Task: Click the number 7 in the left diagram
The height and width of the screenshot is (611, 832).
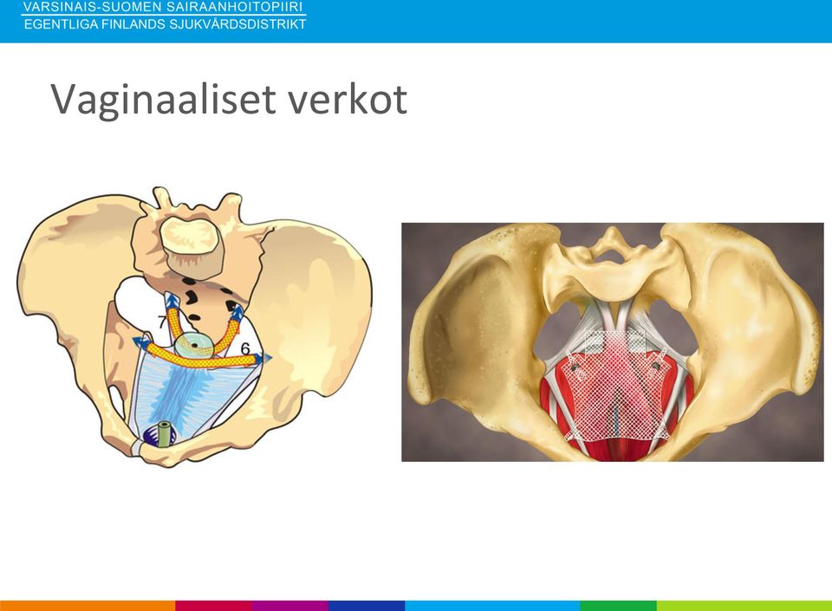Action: pyautogui.click(x=162, y=322)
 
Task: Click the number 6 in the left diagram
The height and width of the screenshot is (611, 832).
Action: pyautogui.click(x=245, y=348)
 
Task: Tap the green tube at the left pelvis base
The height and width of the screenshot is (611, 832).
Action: pyautogui.click(x=166, y=434)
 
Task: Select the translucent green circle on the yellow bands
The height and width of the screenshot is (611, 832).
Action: pyautogui.click(x=195, y=345)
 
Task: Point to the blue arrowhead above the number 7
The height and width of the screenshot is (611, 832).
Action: pyautogui.click(x=172, y=302)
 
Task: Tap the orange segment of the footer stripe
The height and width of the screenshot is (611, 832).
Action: pyautogui.click(x=88, y=606)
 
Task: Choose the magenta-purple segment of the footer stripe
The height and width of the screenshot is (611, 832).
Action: pyautogui.click(x=290, y=606)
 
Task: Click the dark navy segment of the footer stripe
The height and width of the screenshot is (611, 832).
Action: pyautogui.click(x=367, y=606)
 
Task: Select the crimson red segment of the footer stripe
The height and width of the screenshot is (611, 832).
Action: pyautogui.click(x=213, y=606)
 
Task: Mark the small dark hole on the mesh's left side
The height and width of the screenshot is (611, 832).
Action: pyautogui.click(x=575, y=367)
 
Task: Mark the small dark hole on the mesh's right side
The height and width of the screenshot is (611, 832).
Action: pyautogui.click(x=656, y=366)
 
